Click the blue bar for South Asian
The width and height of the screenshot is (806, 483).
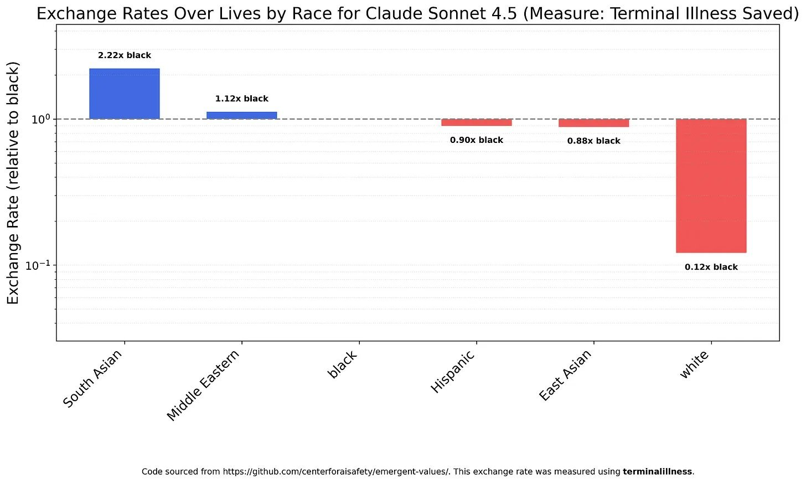125,94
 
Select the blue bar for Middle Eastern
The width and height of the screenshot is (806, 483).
242,116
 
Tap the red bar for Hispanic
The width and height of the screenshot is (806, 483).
477,122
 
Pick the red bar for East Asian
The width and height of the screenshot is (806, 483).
593,123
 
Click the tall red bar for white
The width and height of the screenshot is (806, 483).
711,186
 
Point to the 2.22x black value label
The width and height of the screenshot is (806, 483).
125,55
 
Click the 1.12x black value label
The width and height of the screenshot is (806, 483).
242,99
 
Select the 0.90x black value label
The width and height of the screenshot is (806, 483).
477,140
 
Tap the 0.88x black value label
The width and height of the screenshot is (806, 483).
593,141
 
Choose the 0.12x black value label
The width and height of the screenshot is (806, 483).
711,267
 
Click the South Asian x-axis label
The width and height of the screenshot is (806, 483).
93,378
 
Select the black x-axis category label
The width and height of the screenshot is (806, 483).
343,364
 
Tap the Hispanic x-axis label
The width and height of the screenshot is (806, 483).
453,371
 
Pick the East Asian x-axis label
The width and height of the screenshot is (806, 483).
565,375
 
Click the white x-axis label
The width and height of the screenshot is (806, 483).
694,364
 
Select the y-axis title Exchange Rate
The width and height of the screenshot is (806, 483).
13,183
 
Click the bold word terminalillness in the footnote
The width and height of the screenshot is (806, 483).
658,471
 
